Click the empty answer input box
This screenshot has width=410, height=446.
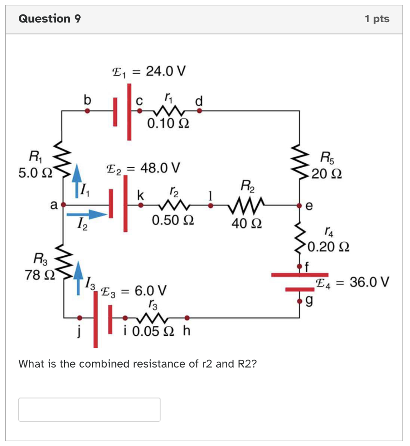89,409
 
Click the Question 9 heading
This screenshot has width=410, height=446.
50,19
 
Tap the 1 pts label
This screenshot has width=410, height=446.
377,19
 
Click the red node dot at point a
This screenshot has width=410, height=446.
64,204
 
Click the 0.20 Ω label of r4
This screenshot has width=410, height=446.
328,247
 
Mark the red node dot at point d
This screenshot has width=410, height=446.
200,111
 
